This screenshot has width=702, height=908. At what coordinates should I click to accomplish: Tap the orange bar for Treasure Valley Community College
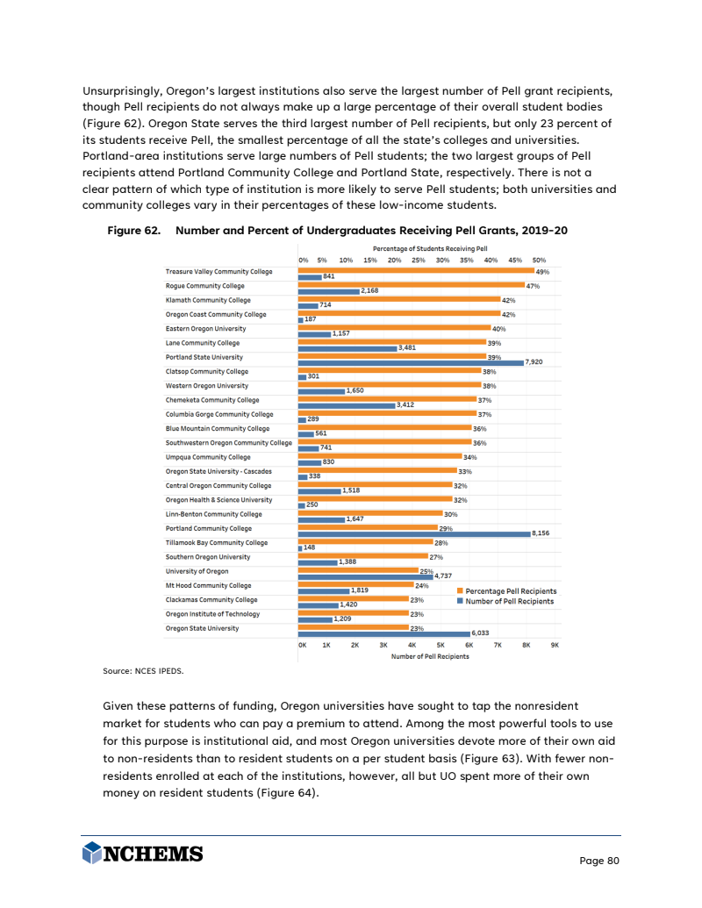coord(415,271)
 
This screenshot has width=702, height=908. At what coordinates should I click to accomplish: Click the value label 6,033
coord(480,633)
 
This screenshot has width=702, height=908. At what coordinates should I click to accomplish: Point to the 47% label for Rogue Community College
coord(532,286)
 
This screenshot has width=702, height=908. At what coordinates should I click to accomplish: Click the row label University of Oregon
coord(197,572)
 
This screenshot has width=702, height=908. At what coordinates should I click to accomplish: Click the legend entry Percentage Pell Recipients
coord(511,591)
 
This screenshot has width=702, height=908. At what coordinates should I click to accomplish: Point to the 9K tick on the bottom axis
coord(555,645)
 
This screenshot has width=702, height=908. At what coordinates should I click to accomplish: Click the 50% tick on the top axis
coord(539,261)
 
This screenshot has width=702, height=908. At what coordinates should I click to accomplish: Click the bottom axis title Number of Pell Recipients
coord(430,656)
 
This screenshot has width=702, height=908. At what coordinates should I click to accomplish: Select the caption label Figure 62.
coord(133,231)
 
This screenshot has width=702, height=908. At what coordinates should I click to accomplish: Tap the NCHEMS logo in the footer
coord(142,854)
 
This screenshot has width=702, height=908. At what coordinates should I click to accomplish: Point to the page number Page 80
coord(599,861)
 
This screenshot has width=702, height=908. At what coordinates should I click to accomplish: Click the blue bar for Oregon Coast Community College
coord(301,318)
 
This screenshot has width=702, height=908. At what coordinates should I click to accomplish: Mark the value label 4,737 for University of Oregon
coord(443,576)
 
